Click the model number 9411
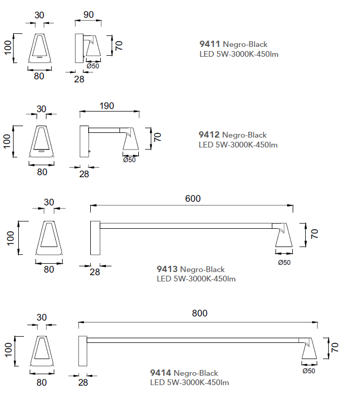[210, 44]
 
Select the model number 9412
[209, 134]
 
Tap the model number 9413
[167, 269]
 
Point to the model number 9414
[161, 373]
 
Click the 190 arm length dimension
[107, 106]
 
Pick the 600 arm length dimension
[193, 199]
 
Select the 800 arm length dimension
[199, 313]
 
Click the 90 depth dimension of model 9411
[89, 15]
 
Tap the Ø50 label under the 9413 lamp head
[284, 263]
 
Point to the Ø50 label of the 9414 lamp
[309, 371]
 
